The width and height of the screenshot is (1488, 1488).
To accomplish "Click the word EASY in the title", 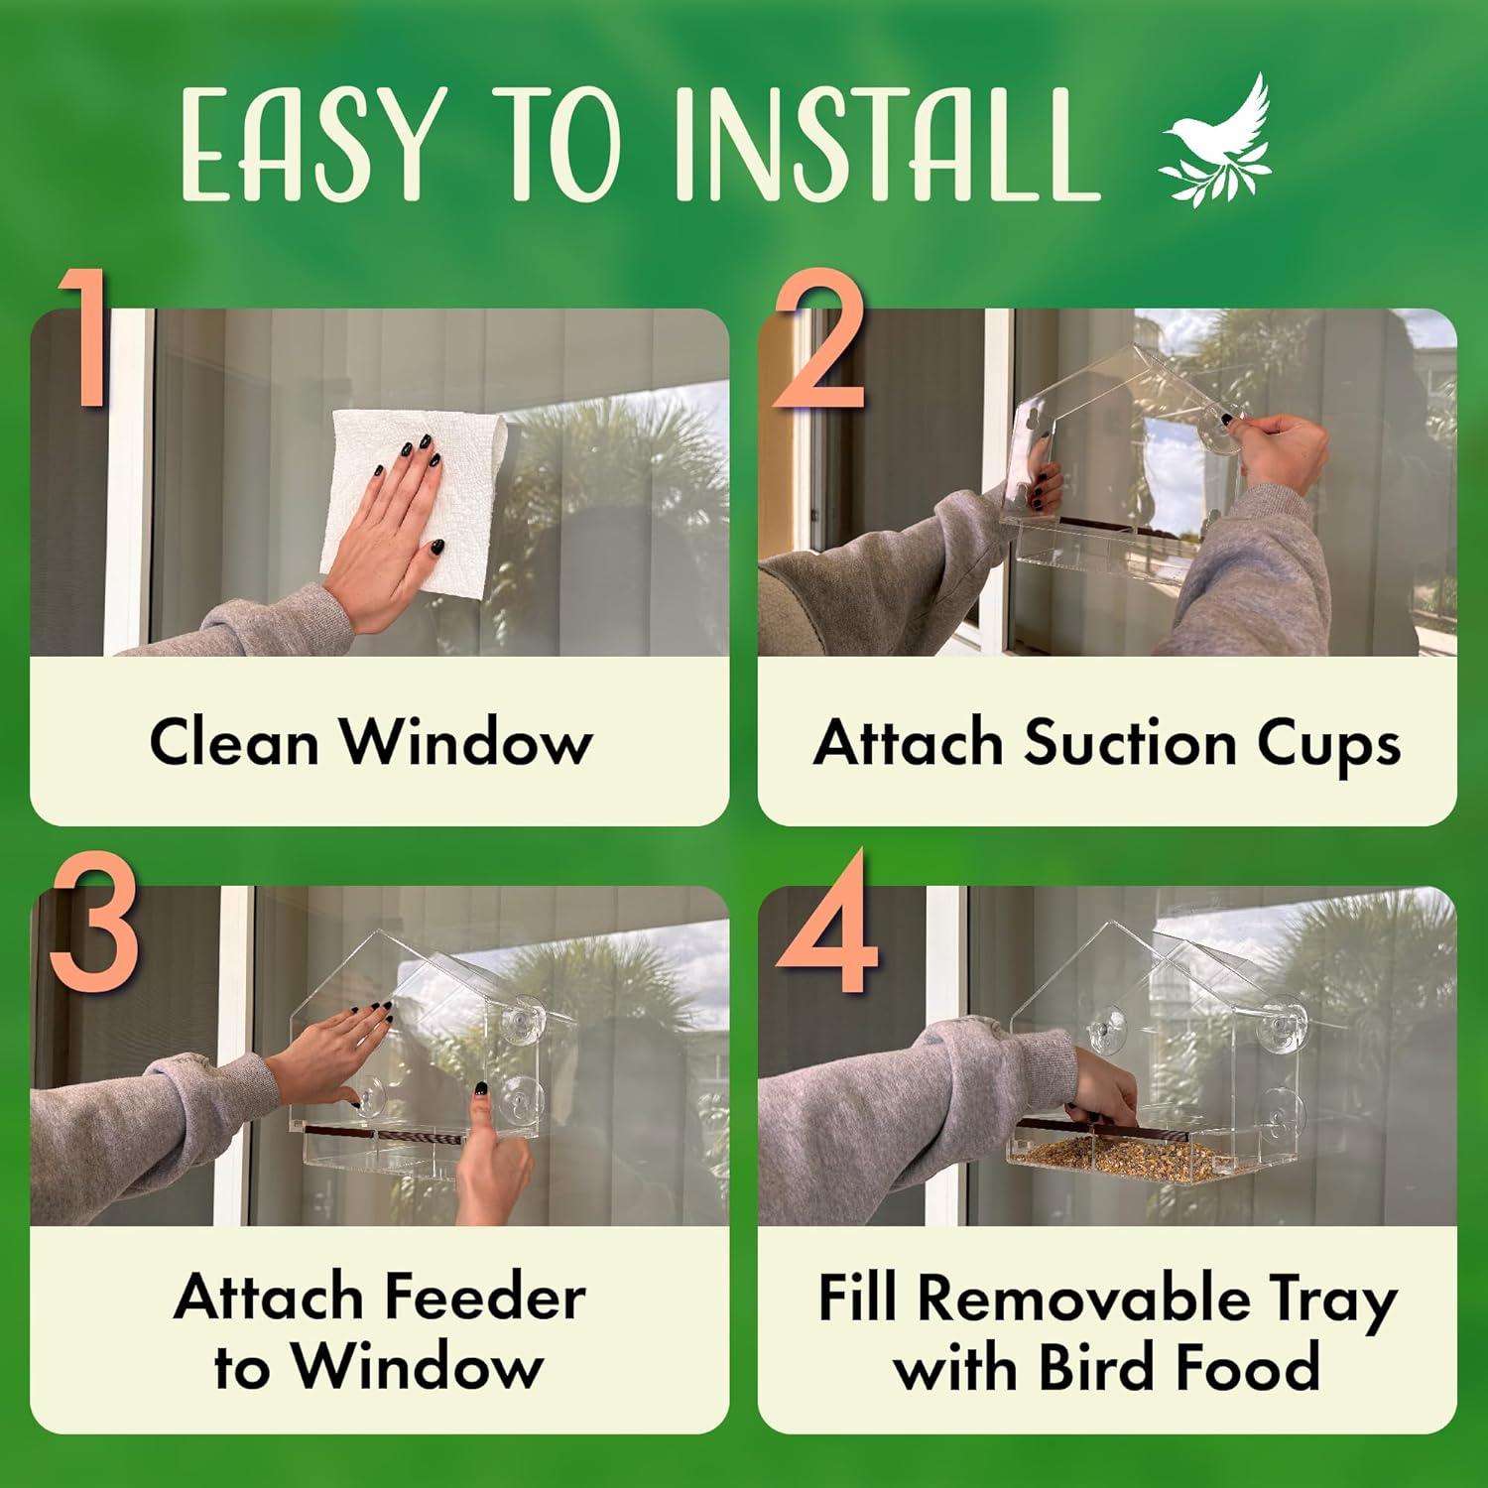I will click(x=309, y=147).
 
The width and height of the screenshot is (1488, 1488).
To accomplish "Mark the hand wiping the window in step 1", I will click(x=392, y=526).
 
